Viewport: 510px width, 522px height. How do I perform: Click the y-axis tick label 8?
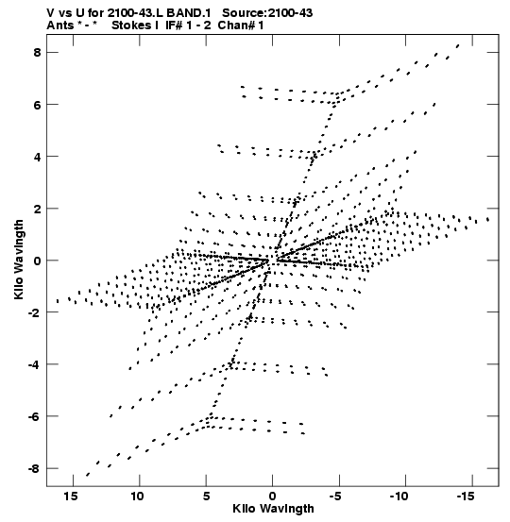(x=36, y=53)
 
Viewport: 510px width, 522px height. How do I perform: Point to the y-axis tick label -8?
(x=33, y=469)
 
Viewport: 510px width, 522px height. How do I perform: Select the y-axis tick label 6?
(x=36, y=105)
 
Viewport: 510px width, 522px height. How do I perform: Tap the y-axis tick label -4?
(x=33, y=364)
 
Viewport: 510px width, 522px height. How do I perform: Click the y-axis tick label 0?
(x=36, y=261)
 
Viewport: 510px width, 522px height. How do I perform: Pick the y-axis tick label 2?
(x=36, y=209)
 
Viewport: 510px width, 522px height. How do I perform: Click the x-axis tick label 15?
(x=71, y=497)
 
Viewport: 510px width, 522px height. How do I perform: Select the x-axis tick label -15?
(x=465, y=497)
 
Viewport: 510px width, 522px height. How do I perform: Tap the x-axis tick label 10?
(x=137, y=497)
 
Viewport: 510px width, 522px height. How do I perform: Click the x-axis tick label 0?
(x=273, y=497)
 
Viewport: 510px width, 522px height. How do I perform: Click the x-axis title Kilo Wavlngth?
(x=273, y=509)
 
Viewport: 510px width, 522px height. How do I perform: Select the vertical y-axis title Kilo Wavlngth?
(x=19, y=260)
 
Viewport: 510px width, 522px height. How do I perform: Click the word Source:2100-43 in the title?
(x=267, y=13)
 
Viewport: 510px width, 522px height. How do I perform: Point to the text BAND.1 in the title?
(x=189, y=13)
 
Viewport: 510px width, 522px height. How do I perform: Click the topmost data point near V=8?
(x=458, y=45)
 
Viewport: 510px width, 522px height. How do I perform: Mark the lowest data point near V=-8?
(x=88, y=475)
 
